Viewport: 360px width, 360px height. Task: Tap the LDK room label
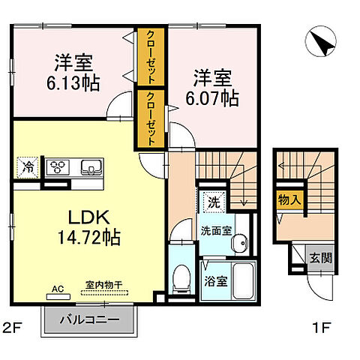pos(91,218)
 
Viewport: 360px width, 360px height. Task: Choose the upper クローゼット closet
pos(151,58)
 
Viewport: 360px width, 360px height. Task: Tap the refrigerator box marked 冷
pos(27,167)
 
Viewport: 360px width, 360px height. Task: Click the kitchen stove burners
pos(58,166)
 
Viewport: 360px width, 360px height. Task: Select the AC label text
pos(58,287)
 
